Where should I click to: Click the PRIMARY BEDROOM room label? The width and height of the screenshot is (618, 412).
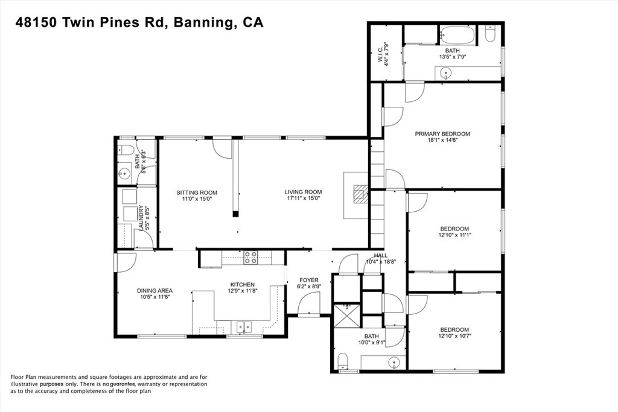click(x=442, y=134)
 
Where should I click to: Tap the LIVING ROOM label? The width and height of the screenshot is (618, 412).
click(x=303, y=192)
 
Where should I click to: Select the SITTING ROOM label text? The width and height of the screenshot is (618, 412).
click(x=197, y=192)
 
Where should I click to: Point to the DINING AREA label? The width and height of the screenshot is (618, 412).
click(x=155, y=291)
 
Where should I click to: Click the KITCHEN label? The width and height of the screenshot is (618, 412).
click(x=243, y=284)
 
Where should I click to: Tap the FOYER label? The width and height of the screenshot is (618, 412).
click(x=309, y=280)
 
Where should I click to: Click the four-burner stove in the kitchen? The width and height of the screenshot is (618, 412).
click(x=250, y=257)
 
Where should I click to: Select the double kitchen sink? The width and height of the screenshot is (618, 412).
click(x=244, y=327)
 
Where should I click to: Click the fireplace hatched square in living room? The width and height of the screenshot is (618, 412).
click(x=360, y=194)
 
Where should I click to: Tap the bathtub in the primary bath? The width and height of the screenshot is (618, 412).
click(x=457, y=35)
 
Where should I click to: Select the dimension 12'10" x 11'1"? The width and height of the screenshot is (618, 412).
click(x=455, y=235)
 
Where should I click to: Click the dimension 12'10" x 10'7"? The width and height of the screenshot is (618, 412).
click(x=455, y=336)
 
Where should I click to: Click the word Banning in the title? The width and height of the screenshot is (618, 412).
click(x=202, y=23)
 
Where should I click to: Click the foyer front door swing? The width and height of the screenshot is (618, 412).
click(x=309, y=305)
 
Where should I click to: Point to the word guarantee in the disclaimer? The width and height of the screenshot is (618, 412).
click(x=123, y=384)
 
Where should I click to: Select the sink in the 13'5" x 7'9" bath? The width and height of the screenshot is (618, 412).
click(x=445, y=73)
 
